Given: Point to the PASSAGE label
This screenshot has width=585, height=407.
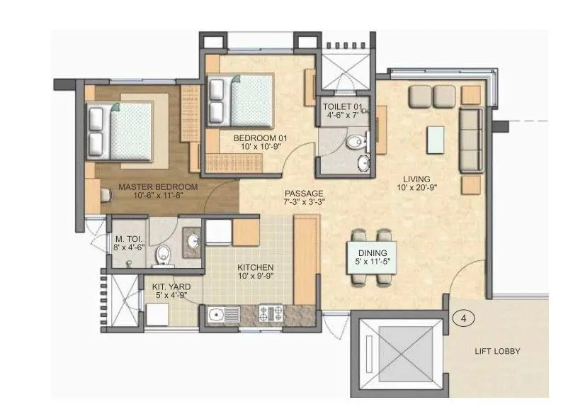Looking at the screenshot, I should pos(305,193).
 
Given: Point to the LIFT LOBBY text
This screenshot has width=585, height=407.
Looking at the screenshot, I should pos(497,351).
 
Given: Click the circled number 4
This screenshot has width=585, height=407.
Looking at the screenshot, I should pos(462,318).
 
